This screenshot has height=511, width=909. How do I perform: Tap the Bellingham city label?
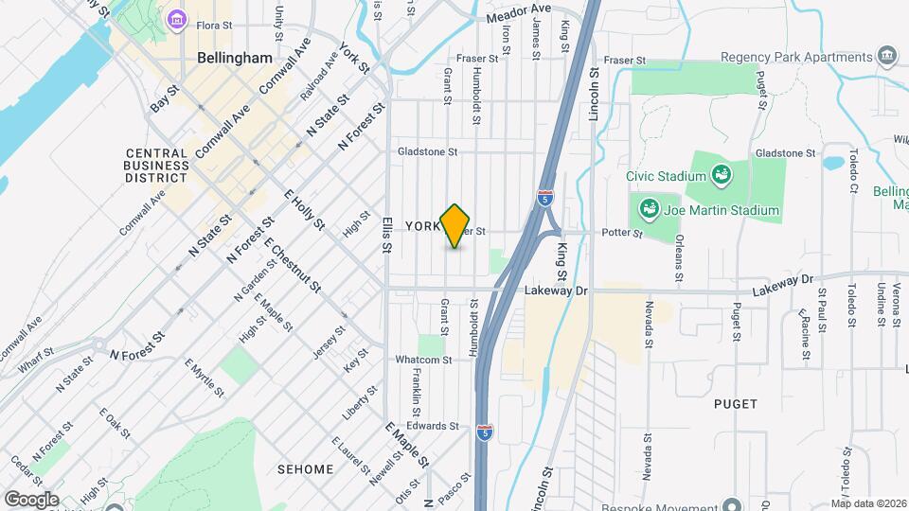(235, 58)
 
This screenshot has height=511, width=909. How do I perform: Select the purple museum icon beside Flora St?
(176, 19)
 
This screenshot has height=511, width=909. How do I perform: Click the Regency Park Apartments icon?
(887, 54)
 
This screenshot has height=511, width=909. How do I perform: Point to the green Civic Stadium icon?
(722, 174)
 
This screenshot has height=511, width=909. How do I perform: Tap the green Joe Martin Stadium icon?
(650, 208)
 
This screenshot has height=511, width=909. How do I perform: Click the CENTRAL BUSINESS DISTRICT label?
(156, 165)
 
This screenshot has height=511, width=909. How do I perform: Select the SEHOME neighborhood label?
(306, 469)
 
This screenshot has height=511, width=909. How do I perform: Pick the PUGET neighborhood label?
(737, 404)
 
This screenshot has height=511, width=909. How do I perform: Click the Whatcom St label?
(424, 360)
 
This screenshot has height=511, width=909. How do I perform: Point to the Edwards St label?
(434, 426)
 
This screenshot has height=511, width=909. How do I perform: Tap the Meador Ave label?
(518, 13)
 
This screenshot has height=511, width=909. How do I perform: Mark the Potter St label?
(624, 233)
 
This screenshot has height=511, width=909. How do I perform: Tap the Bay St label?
(165, 97)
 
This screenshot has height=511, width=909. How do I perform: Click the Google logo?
(31, 499)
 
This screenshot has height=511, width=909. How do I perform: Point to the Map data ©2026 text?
(868, 503)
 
